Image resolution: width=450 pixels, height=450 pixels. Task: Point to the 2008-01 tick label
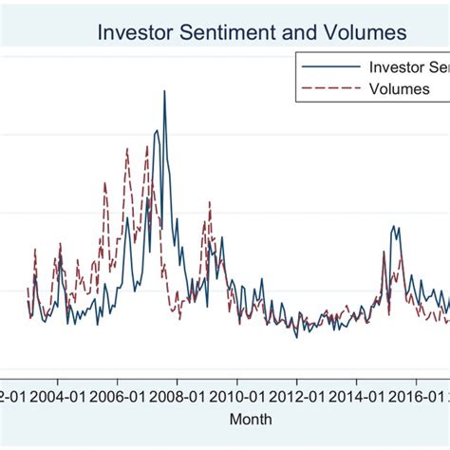pyautogui.click(x=176, y=395)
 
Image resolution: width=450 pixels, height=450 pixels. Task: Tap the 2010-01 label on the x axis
pyautogui.click(x=235, y=395)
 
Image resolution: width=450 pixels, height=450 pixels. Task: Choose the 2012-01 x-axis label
pyautogui.click(x=295, y=395)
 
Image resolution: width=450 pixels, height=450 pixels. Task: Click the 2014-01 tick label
pyautogui.click(x=355, y=395)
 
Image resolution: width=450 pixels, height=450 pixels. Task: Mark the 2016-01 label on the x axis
pyautogui.click(x=415, y=395)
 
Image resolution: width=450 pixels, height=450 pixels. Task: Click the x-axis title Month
pyautogui.click(x=250, y=419)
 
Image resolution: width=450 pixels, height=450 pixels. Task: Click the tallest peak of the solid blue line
pyautogui.click(x=164, y=92)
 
